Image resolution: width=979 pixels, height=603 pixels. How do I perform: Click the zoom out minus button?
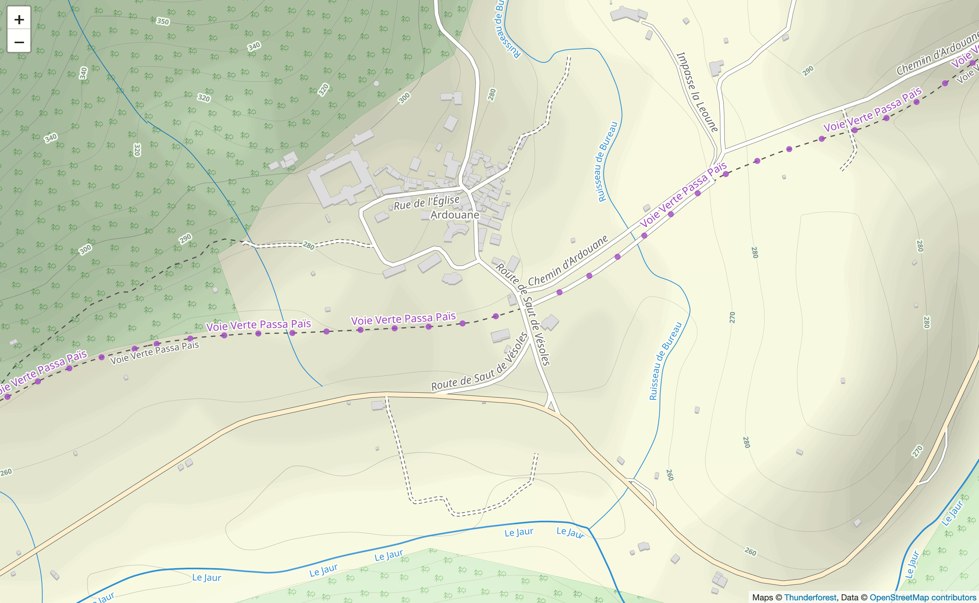tap(19, 42)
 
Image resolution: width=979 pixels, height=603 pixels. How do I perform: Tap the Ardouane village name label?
tap(454, 215)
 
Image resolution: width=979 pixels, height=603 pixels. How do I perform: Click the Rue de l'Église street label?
tap(427, 203)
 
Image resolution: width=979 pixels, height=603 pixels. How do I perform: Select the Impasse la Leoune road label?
tap(697, 92)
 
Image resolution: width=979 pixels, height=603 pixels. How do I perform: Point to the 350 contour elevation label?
tap(163, 21)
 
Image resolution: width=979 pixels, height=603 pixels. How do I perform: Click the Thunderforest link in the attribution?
tap(810, 597)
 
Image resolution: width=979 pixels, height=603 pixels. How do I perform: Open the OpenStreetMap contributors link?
tap(922, 597)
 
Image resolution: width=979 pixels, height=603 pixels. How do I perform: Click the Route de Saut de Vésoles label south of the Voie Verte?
tap(479, 362)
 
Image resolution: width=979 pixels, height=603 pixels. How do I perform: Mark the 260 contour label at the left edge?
tap(6, 473)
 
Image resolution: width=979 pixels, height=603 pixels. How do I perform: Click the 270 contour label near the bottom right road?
tap(917, 451)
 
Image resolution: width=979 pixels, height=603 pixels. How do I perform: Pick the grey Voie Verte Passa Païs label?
tap(155, 353)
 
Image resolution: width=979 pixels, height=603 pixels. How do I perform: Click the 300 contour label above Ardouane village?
tap(404, 98)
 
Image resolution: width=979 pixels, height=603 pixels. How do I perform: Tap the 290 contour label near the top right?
tap(808, 70)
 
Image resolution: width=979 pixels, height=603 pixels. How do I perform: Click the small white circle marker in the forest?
tap(376, 83)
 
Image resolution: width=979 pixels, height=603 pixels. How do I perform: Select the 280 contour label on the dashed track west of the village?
tap(308, 245)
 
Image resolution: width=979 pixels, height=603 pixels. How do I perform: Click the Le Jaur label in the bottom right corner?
tap(952, 513)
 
